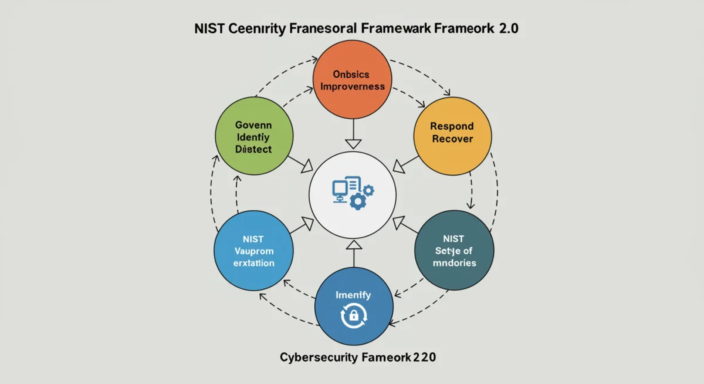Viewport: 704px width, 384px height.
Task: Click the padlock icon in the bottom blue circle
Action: tap(354, 316)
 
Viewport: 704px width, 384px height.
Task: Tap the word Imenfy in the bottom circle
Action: tap(353, 295)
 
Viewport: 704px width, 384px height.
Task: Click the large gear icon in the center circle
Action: tap(357, 201)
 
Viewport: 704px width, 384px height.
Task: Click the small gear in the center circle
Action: tap(368, 190)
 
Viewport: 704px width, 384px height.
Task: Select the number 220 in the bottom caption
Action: tap(424, 356)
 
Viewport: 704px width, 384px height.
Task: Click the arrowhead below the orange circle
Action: tap(352, 143)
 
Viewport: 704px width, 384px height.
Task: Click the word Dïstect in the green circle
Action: tap(253, 149)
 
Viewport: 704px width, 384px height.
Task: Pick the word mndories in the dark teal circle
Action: tap(454, 262)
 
